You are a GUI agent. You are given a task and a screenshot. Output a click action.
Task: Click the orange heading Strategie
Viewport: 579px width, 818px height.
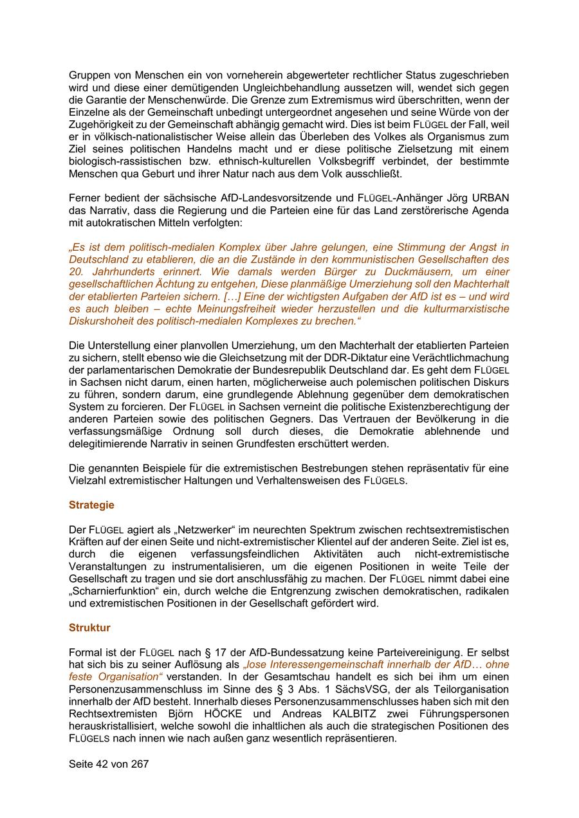coord(91,505)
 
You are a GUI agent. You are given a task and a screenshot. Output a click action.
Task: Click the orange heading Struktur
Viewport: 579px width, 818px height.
coord(89,628)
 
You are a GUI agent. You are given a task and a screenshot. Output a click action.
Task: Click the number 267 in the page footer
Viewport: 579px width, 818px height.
coord(140,764)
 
